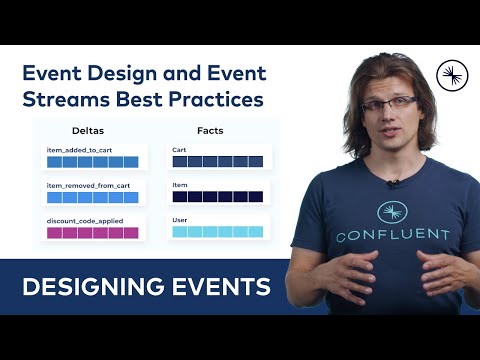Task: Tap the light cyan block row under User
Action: coord(217,232)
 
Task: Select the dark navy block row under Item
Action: coord(217,197)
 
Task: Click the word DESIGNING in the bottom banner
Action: coord(87,288)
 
